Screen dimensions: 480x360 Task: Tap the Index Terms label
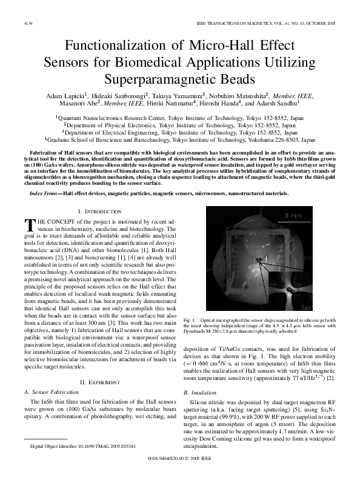pyautogui.click(x=45, y=176)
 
